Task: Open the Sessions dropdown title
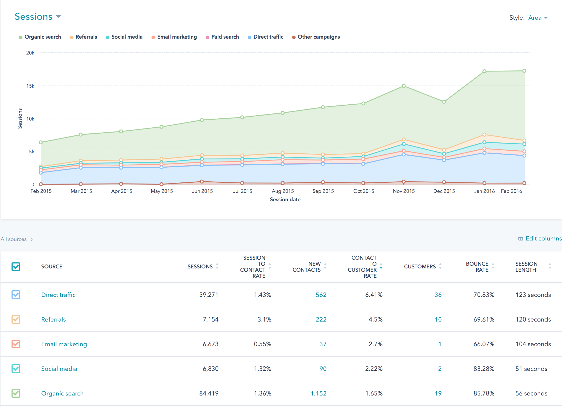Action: [x=38, y=17]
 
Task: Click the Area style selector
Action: [x=538, y=18]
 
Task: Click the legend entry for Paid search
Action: [x=225, y=37]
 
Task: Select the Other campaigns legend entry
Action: [x=318, y=37]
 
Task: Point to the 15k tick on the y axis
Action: [x=30, y=86]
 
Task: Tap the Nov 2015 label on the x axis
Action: [x=404, y=191]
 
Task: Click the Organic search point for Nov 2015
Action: [x=404, y=86]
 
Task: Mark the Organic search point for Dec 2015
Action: [x=444, y=102]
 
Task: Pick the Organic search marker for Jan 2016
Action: [x=484, y=71]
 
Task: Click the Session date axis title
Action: [x=285, y=200]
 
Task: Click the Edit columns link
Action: [x=540, y=239]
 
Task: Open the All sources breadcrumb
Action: [x=14, y=239]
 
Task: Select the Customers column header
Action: [x=420, y=266]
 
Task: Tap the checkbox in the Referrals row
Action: [x=16, y=319]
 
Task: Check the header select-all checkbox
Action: [x=16, y=266]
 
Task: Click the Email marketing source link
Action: [x=64, y=344]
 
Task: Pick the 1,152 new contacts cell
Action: [x=318, y=393]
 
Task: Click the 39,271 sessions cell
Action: [x=209, y=295]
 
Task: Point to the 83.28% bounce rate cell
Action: [x=484, y=369]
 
